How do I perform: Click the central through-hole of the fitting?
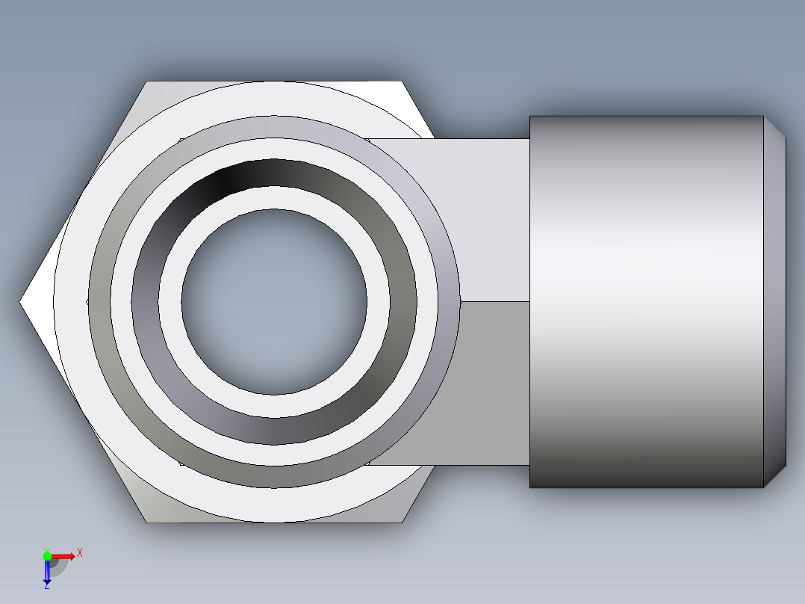(x=274, y=301)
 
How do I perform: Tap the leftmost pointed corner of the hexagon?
(x=20, y=301)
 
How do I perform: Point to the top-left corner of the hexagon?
(x=147, y=81)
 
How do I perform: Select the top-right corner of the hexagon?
(x=402, y=81)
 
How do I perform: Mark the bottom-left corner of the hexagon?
(x=147, y=522)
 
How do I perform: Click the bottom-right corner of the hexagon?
(x=402, y=522)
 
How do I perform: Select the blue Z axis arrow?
(x=47, y=572)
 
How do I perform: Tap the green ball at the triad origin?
(x=47, y=555)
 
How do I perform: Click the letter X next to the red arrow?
(x=80, y=553)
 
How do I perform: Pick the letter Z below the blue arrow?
(x=46, y=587)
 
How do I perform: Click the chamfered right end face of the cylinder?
(x=775, y=301)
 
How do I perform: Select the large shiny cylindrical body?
(x=646, y=301)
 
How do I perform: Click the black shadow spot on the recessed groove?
(x=224, y=179)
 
